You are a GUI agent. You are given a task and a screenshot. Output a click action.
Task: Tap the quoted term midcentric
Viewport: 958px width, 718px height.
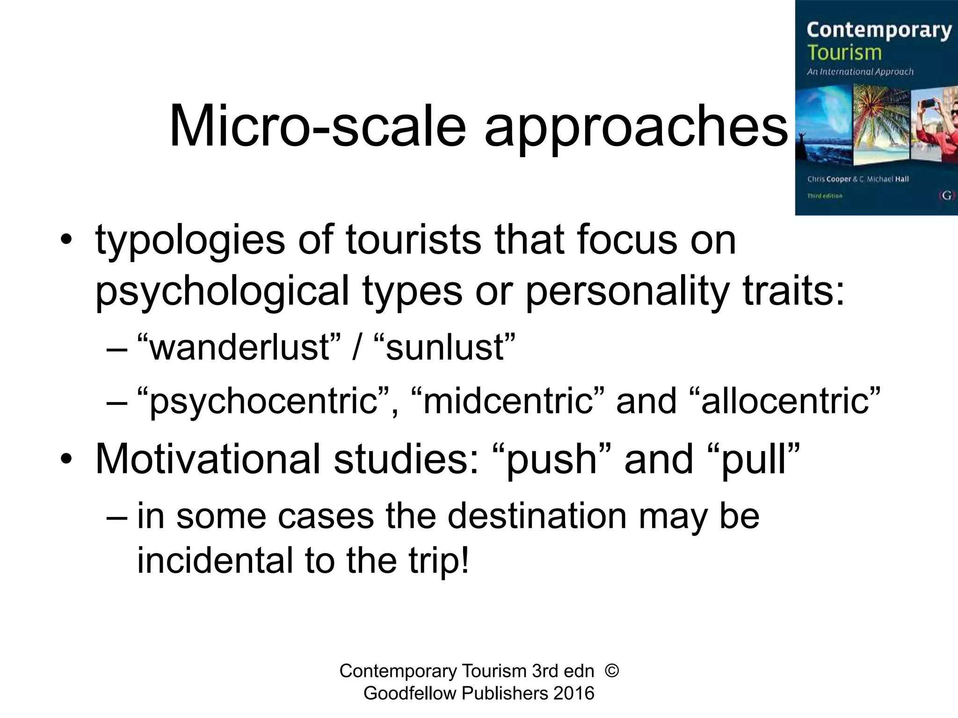pyautogui.click(x=508, y=401)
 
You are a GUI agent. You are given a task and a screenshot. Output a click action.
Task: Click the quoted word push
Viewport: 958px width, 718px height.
pyautogui.click(x=552, y=460)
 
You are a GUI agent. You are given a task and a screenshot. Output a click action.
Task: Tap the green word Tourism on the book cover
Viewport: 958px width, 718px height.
pyautogui.click(x=844, y=52)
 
